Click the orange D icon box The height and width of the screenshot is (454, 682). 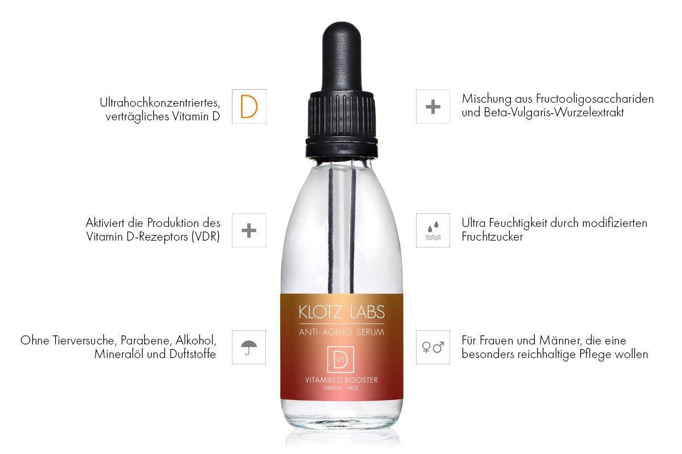(249, 107)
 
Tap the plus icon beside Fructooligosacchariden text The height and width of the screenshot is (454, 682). (433, 107)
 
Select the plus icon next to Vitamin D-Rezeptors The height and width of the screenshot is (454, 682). (249, 230)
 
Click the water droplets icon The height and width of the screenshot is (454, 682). (433, 230)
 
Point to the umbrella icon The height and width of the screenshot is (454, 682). (249, 347)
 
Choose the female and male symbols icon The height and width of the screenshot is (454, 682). (433, 347)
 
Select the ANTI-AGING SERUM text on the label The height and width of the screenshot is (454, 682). (341, 332)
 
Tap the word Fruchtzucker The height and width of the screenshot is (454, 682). (493, 237)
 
